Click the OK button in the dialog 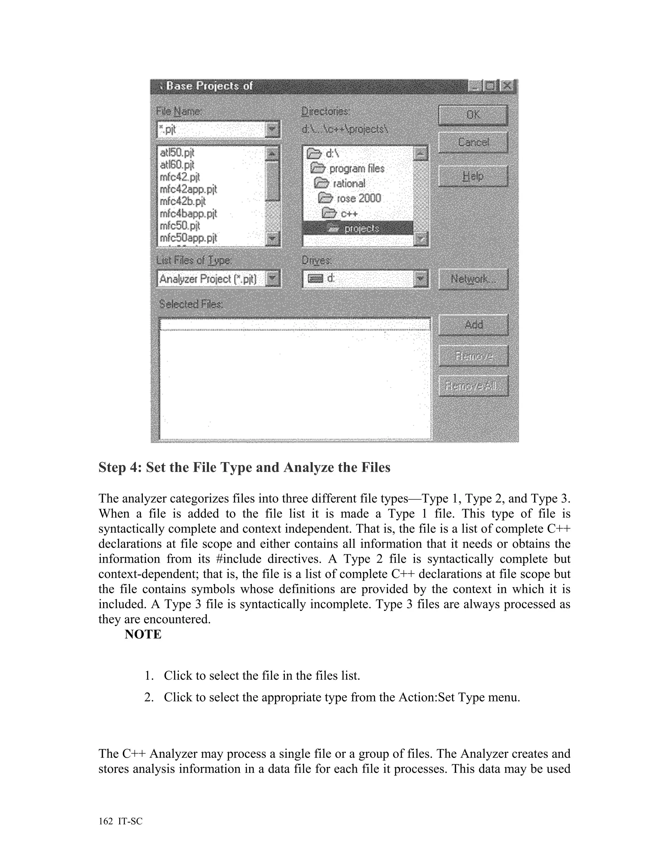pos(473,115)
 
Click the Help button pos(473,176)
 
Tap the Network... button pos(473,279)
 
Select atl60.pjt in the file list pos(177,165)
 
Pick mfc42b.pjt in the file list pos(183,201)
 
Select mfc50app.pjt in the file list pos(188,238)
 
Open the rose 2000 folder pos(358,198)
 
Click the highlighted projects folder pos(361,229)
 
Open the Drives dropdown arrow pos(421,278)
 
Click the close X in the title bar pos(507,86)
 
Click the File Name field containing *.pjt pos(212,130)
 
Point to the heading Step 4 pos(244,468)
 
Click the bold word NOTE pos(143,634)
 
